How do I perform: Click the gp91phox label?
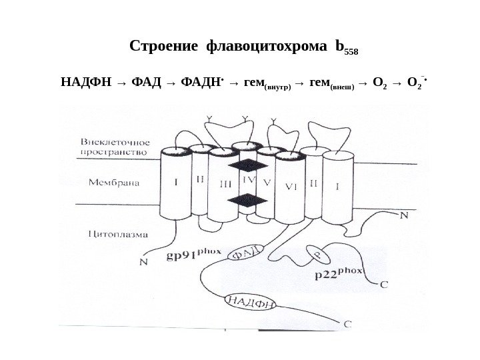pyautogui.click(x=194, y=256)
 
